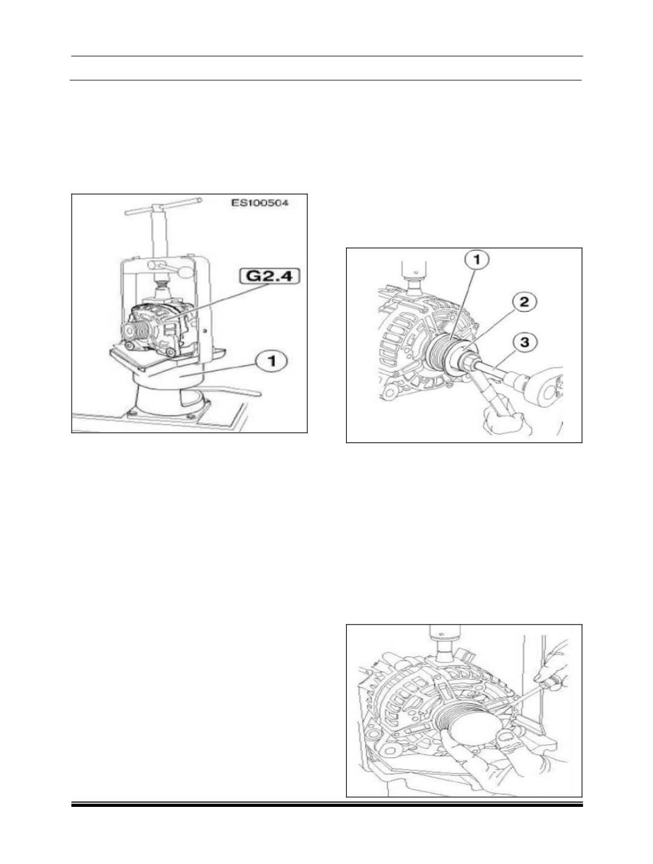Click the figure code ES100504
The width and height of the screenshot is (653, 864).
coord(259,203)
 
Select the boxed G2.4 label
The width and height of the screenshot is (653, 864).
coord(270,276)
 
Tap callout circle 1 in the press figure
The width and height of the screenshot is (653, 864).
coord(272,361)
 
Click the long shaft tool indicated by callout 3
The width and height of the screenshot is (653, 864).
coord(493,372)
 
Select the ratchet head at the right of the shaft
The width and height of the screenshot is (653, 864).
coord(544,385)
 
